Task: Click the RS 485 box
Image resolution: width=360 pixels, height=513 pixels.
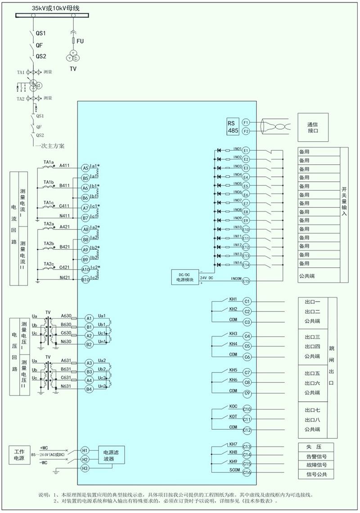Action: click(233, 126)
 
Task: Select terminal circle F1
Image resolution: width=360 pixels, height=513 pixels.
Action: click(246, 122)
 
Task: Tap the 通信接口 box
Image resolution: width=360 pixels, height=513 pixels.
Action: click(312, 127)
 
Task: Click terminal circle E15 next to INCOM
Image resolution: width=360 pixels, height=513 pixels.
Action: click(246, 281)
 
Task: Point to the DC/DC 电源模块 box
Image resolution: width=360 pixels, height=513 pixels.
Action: click(184, 277)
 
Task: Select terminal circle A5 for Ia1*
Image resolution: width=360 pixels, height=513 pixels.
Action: click(85, 167)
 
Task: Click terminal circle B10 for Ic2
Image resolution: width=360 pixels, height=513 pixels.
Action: click(85, 279)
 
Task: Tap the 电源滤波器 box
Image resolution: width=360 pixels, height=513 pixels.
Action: click(111, 455)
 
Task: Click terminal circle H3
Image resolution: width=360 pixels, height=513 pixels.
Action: click(85, 468)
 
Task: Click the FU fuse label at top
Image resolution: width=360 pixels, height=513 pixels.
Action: click(80, 41)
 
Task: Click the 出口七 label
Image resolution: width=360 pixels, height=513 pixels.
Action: click(312, 410)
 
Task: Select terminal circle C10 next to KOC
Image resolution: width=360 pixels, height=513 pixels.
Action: click(247, 409)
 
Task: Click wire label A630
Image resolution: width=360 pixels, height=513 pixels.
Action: click(66, 316)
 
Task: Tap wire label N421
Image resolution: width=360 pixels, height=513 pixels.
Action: click(65, 278)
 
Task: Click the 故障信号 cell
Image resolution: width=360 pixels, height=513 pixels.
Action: click(316, 465)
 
